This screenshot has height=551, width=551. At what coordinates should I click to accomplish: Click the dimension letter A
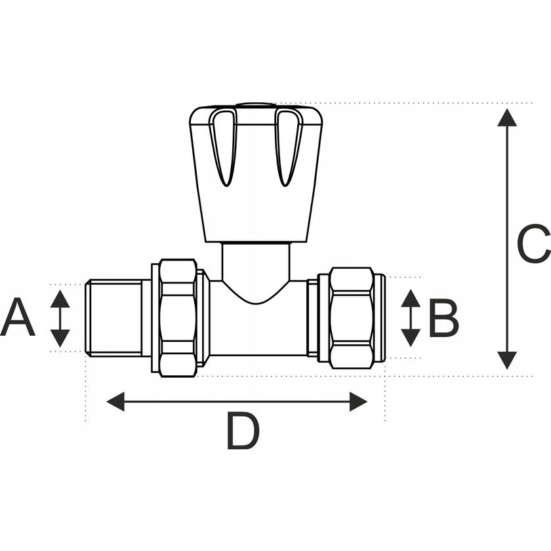click(x=18, y=317)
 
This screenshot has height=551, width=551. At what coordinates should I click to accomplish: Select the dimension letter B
click(x=443, y=318)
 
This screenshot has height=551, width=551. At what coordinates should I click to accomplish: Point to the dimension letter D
click(x=243, y=431)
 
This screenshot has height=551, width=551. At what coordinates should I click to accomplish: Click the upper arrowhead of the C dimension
click(x=506, y=118)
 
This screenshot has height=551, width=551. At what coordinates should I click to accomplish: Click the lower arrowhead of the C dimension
click(x=506, y=359)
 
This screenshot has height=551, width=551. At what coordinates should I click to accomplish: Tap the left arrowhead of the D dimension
click(x=116, y=401)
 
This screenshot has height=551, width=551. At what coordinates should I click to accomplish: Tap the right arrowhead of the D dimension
click(x=357, y=401)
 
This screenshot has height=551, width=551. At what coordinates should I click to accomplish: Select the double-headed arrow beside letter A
click(x=60, y=318)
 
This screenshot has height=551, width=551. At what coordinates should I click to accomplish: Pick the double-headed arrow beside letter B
click(x=411, y=318)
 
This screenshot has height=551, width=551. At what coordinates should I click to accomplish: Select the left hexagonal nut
click(x=178, y=318)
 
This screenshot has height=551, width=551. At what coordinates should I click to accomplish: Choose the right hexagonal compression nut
click(x=351, y=318)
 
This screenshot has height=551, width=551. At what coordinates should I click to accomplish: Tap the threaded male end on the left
click(x=114, y=318)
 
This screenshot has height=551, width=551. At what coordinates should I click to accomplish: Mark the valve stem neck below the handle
click(x=256, y=262)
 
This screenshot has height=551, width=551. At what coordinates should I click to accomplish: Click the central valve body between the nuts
click(x=257, y=328)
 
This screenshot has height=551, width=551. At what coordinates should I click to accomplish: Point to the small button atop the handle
click(x=256, y=104)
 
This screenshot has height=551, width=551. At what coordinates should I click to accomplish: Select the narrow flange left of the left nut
click(x=155, y=318)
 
